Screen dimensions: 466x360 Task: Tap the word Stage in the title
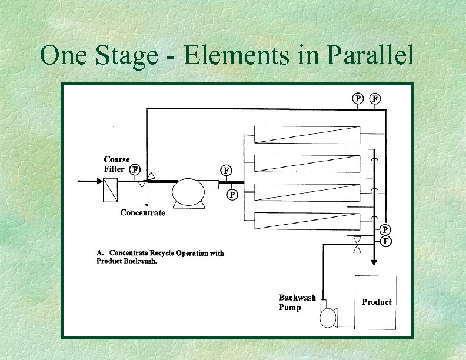(x=127, y=56)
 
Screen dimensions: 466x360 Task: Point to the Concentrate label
(x=142, y=212)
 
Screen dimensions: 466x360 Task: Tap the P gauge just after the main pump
(x=232, y=194)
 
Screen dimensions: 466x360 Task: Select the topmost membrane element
(x=306, y=135)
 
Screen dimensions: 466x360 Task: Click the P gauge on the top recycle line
(x=357, y=98)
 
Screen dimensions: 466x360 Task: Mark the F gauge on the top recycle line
(x=375, y=98)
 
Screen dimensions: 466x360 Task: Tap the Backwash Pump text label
(x=297, y=302)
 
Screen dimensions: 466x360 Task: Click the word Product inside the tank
(x=377, y=302)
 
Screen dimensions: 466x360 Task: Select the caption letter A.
(x=99, y=253)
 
